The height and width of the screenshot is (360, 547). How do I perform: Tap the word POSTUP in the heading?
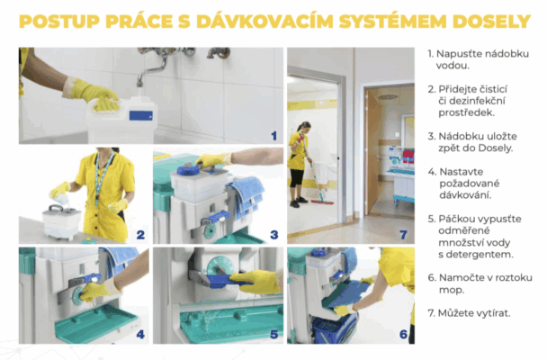click(x=59, y=22)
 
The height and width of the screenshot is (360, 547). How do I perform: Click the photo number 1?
click(x=274, y=136)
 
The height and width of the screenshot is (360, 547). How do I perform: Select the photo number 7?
click(x=404, y=234)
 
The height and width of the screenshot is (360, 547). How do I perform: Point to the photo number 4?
click(x=140, y=335)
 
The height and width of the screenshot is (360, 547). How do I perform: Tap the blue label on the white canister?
click(x=141, y=115)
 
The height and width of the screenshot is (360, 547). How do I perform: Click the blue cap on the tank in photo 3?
click(x=188, y=170)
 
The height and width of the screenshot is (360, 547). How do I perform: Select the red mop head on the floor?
click(x=322, y=202)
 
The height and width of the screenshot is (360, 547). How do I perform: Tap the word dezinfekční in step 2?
click(x=471, y=101)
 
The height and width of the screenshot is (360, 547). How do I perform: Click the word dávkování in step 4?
click(x=465, y=194)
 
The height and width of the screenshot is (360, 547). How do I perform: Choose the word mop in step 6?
click(x=452, y=290)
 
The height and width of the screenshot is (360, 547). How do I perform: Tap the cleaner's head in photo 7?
click(x=304, y=126)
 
